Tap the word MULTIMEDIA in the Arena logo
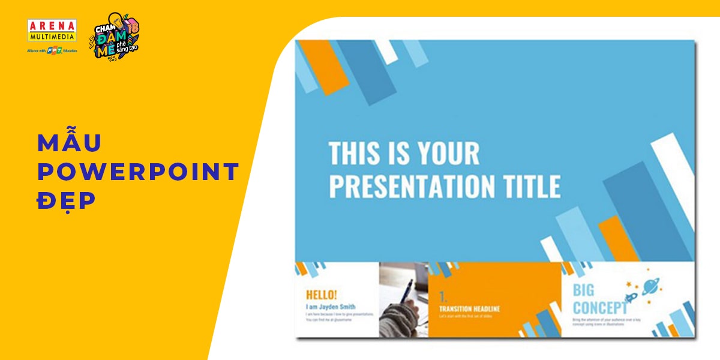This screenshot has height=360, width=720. [x=52, y=36]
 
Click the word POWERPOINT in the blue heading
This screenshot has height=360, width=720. [x=138, y=172]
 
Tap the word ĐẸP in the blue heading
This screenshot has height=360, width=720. [x=67, y=201]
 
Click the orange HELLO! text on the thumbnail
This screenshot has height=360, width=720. [x=322, y=295]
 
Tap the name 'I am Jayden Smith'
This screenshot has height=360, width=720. [x=331, y=306]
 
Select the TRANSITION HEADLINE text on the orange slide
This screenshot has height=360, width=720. [x=469, y=309]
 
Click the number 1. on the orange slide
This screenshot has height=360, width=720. [x=443, y=296]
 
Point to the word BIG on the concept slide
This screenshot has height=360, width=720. [x=583, y=290]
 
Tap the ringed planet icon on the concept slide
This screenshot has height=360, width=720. [x=650, y=287]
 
